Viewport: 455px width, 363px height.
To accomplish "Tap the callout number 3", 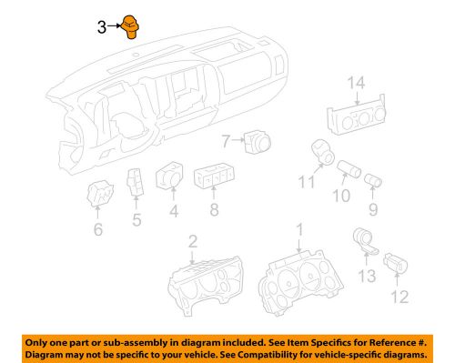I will click(x=102, y=27).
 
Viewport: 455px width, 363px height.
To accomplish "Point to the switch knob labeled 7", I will click(x=256, y=141).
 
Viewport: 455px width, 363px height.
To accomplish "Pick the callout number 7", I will click(x=227, y=140).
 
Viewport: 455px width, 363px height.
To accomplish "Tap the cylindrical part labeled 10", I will click(x=349, y=172).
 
